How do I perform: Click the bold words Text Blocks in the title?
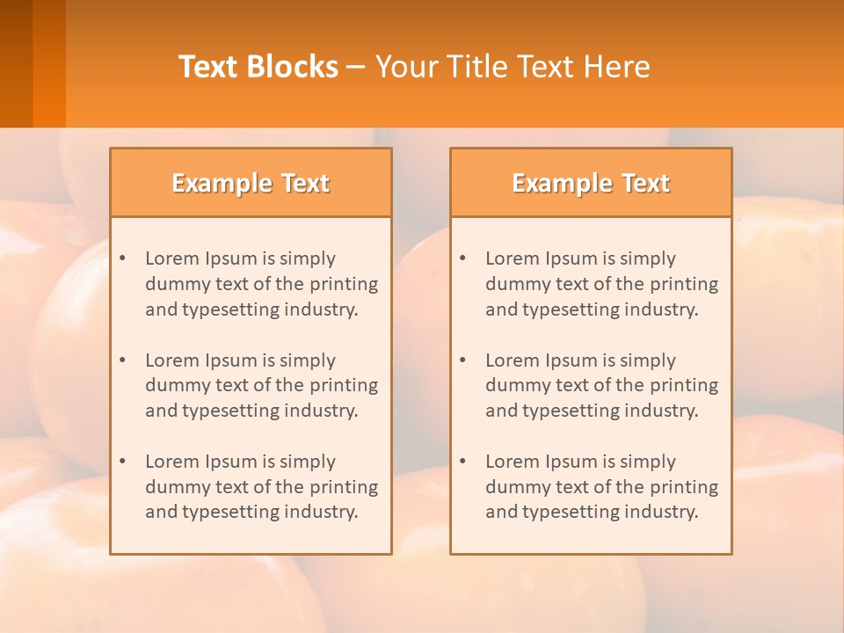tap(258, 67)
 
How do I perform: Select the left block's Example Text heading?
tap(251, 183)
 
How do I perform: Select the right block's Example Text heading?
tap(591, 183)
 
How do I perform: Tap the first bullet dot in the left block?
tap(123, 258)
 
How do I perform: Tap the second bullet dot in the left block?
tap(123, 360)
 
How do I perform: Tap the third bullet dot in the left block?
tap(123, 462)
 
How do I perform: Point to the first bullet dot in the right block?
tap(463, 258)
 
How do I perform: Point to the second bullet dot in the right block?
tap(463, 360)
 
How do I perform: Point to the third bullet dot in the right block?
tap(463, 462)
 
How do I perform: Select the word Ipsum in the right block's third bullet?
tap(573, 462)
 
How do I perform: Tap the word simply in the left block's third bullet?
tap(308, 462)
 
